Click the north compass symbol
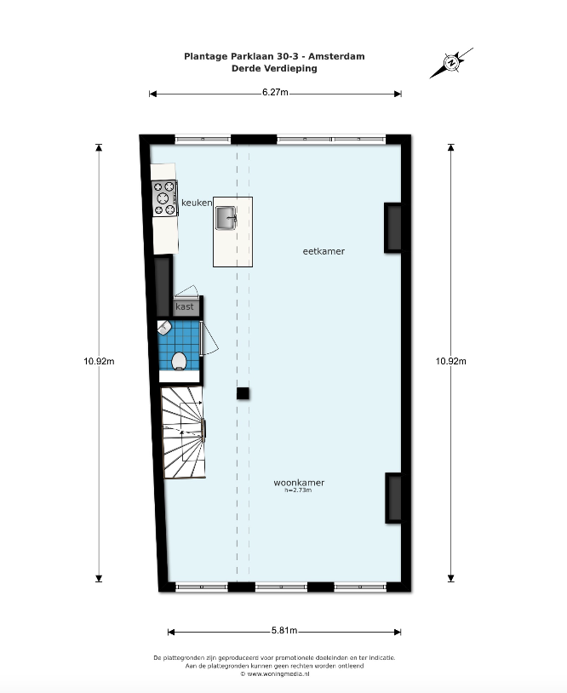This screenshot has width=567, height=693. point(452,63)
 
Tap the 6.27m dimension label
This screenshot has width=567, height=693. point(275,92)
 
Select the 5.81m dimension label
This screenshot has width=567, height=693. point(284,631)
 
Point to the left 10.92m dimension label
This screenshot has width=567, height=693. point(99,361)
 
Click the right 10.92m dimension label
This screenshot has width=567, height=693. point(450,361)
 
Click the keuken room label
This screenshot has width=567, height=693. point(197,203)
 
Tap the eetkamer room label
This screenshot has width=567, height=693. point(324,251)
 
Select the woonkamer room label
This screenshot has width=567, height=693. point(299,483)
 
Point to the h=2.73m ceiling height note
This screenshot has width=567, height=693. point(298,490)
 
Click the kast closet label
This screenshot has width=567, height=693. point(184,306)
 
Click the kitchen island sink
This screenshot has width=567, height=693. point(226,218)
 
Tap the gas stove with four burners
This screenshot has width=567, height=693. point(164,198)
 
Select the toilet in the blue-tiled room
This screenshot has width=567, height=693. point(179,361)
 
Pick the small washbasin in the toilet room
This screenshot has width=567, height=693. point(164,328)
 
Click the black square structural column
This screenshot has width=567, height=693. point(243,393)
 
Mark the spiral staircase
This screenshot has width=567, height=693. point(183,432)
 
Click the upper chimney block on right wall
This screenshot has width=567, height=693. point(393,228)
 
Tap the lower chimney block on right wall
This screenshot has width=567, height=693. point(394,498)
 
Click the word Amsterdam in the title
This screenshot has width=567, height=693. point(336,56)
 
